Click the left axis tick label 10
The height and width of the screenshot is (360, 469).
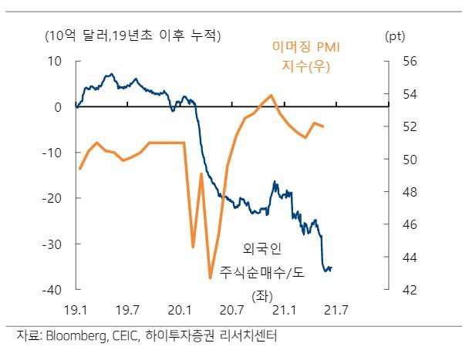[57, 61]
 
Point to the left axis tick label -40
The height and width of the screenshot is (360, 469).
[53, 290]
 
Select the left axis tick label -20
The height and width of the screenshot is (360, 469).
[53, 198]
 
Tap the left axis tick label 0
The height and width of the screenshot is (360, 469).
[59, 106]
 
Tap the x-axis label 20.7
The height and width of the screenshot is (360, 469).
[232, 310]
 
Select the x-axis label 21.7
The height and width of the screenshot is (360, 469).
[336, 310]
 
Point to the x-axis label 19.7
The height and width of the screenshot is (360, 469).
[127, 310]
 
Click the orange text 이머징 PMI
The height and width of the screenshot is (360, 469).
[306, 48]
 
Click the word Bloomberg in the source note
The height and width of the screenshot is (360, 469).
[78, 336]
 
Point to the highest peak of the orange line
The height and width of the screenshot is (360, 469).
[272, 95]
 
